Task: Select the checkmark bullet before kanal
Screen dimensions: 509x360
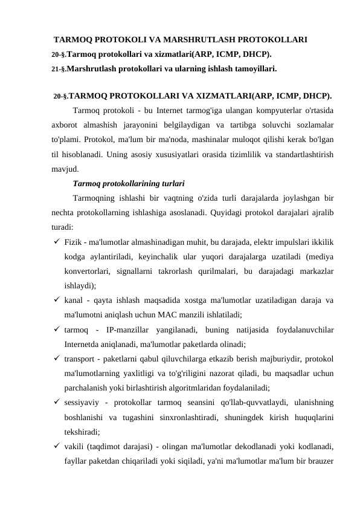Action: pyautogui.click(x=56, y=300)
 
